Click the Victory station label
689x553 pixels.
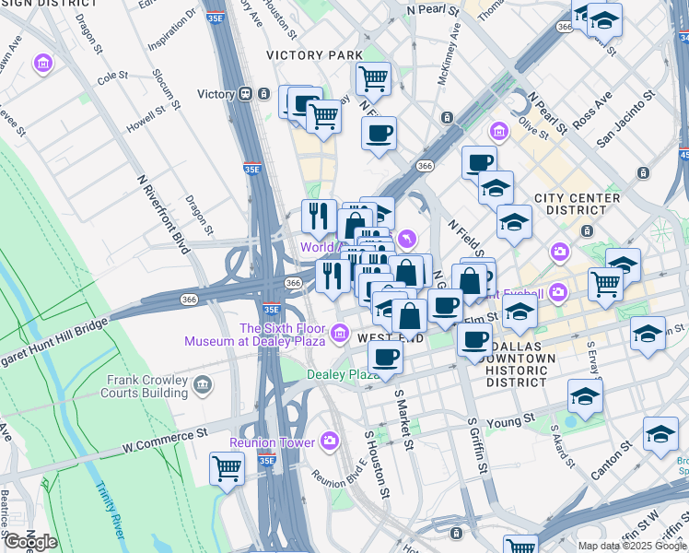[x=216, y=94]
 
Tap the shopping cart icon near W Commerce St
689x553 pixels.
[x=227, y=468]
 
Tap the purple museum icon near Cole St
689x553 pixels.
[x=42, y=65]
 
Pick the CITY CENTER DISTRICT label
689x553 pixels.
[x=578, y=204]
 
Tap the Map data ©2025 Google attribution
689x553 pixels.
[x=632, y=546]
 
